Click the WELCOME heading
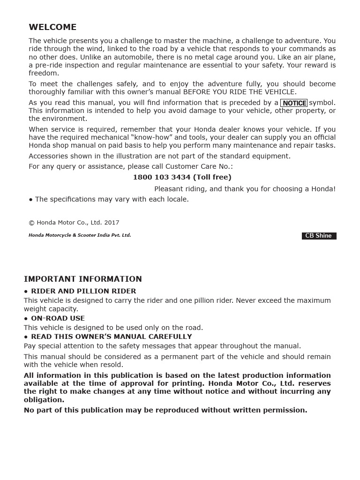click(52, 27)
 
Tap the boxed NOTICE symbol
click(294, 103)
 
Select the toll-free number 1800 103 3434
click(162, 177)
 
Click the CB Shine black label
click(318, 236)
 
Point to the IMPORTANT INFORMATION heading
click(83, 279)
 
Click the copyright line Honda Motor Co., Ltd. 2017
click(74, 223)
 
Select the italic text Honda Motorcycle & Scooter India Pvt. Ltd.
click(80, 235)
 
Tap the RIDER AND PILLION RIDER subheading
click(83, 291)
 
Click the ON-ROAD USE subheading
click(58, 318)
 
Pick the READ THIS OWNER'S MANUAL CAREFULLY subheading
click(111, 337)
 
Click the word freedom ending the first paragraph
click(44, 73)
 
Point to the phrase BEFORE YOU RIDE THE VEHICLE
click(239, 92)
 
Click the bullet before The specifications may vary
click(31, 199)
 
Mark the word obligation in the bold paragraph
click(44, 400)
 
